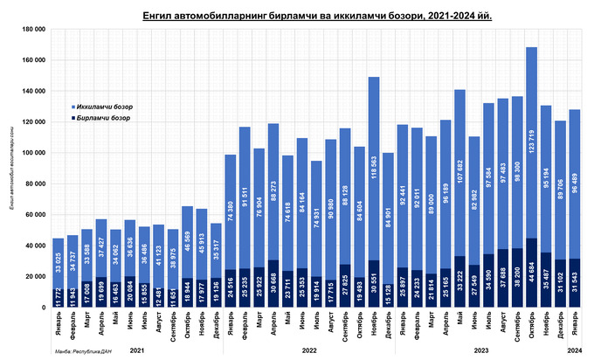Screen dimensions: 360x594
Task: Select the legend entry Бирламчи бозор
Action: click(x=105, y=116)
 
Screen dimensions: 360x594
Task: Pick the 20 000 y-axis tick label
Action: click(x=36, y=277)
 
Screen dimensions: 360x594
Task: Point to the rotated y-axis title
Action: click(x=13, y=170)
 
